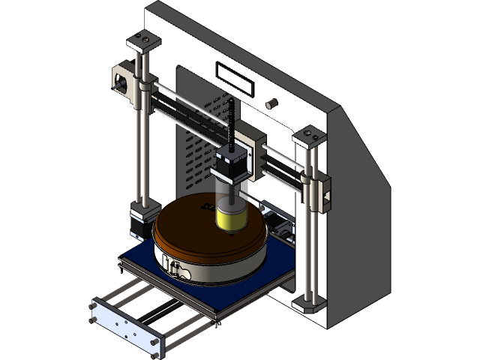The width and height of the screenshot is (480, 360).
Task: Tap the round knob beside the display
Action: point(272,102)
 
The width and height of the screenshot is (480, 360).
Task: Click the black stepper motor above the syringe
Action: point(232,165)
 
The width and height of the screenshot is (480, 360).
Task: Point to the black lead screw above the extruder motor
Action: point(231,124)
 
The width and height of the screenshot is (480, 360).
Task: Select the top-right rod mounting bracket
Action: point(308,136)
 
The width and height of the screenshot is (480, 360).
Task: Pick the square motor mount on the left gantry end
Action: point(121,78)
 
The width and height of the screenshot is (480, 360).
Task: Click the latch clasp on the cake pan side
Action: point(175,267)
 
